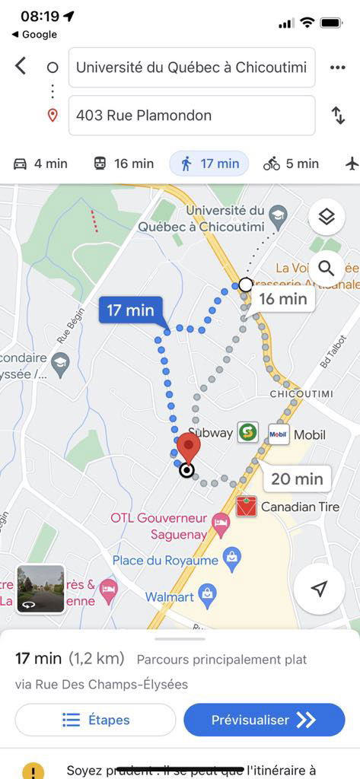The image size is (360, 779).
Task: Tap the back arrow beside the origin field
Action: pos(21,67)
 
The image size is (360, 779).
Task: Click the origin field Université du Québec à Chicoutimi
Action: pos(192,67)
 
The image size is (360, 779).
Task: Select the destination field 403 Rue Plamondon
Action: pos(192,116)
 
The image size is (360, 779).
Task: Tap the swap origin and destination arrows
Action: pos(338,116)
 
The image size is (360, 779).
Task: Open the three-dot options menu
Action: pos(338,67)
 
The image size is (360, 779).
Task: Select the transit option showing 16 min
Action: pos(123,164)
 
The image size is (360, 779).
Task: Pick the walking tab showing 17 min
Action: pos(209,164)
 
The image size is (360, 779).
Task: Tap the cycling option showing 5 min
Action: pos(291,164)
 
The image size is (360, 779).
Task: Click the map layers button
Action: pos(327,218)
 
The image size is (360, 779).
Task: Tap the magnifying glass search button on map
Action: pos(327,268)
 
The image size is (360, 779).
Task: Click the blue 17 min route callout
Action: pos(130,310)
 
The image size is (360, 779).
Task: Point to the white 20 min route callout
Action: pos(297,479)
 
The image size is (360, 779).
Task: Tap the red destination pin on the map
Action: pos(187,446)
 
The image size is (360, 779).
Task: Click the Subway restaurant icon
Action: pos(247,433)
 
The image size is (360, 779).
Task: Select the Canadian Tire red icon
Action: pos(246,507)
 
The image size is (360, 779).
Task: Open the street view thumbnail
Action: pos(41,589)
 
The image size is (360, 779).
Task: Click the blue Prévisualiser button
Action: pos(263,720)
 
